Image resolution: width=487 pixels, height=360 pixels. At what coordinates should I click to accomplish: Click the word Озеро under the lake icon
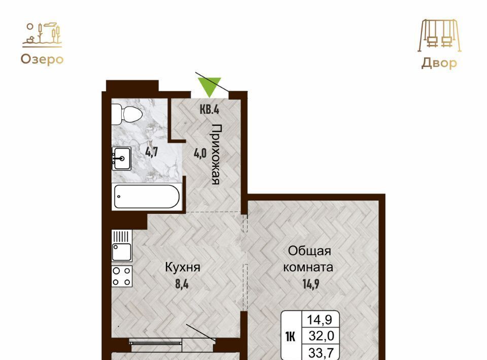(x=42, y=59)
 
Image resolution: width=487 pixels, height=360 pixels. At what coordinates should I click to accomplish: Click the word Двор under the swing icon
(x=439, y=63)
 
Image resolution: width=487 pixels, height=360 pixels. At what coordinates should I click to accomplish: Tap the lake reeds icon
(x=42, y=35)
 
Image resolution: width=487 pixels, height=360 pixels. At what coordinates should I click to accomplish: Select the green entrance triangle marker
(x=210, y=87)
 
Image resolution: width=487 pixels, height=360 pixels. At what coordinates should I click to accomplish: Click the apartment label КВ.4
(x=210, y=109)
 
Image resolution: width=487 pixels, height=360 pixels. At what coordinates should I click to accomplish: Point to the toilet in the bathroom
(x=127, y=114)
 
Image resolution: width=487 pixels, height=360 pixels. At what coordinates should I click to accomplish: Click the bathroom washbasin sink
(x=121, y=158)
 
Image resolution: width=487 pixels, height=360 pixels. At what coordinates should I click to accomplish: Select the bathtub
(x=147, y=196)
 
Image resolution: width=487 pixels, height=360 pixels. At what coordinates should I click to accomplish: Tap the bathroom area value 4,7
(x=152, y=152)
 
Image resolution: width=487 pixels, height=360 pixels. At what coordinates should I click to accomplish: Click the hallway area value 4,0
(x=200, y=153)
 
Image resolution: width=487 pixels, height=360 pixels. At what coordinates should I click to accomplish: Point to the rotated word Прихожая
(x=216, y=154)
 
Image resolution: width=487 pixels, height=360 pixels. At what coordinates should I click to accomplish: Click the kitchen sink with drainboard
(x=122, y=245)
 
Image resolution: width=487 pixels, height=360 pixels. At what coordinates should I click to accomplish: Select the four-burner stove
(x=122, y=276)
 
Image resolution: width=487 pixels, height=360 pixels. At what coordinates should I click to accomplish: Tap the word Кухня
(x=182, y=267)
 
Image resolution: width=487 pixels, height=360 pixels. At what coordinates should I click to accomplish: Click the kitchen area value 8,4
(x=182, y=284)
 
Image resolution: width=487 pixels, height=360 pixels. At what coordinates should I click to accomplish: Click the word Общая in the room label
(x=309, y=251)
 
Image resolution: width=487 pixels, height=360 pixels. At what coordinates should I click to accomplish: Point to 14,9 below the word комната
(x=311, y=283)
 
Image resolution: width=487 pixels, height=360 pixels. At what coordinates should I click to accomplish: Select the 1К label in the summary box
(x=291, y=336)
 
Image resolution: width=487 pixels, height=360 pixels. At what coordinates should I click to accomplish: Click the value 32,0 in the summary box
(x=321, y=336)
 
